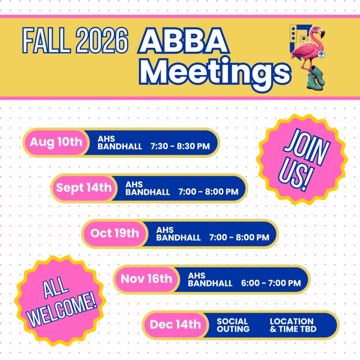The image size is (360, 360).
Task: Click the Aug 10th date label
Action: (x=56, y=142)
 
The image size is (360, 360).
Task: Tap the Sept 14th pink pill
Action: (x=84, y=188)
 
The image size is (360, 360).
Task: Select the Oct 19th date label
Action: (x=115, y=233)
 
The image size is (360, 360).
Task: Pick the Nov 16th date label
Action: (x=146, y=279)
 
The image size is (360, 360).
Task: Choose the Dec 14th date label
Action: (x=175, y=324)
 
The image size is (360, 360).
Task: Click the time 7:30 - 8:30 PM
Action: (x=180, y=146)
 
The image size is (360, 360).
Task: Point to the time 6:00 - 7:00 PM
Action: (x=271, y=283)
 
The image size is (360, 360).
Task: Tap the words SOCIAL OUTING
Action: (x=233, y=325)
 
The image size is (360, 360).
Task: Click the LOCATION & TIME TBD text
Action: (x=293, y=325)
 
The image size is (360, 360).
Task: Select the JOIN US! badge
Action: (x=303, y=160)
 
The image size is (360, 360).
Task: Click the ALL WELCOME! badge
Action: (x=60, y=301)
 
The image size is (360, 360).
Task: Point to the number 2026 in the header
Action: (x=102, y=40)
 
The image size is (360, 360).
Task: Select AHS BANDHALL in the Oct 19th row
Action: (x=178, y=234)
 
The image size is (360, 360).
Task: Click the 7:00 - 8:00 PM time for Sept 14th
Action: (x=208, y=192)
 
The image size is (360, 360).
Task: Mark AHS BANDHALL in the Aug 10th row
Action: (x=120, y=143)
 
